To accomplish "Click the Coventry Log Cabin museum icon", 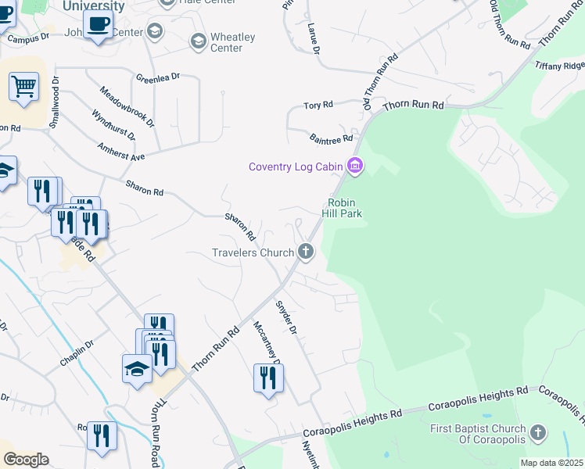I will pos(356,166).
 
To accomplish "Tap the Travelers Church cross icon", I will pos(306,252).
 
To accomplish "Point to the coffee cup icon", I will pos(98,25).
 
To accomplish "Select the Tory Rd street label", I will pos(318,105).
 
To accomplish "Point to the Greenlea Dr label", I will pos(158,77).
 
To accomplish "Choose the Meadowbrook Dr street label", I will pos(127,107).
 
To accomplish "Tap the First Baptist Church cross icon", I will pos(537,432).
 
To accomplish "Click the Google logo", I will pos(26,459).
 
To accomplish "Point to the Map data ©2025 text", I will pos(551,463).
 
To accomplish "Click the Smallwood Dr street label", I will pos(55,102).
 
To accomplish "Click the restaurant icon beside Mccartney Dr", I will pos(268,378).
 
